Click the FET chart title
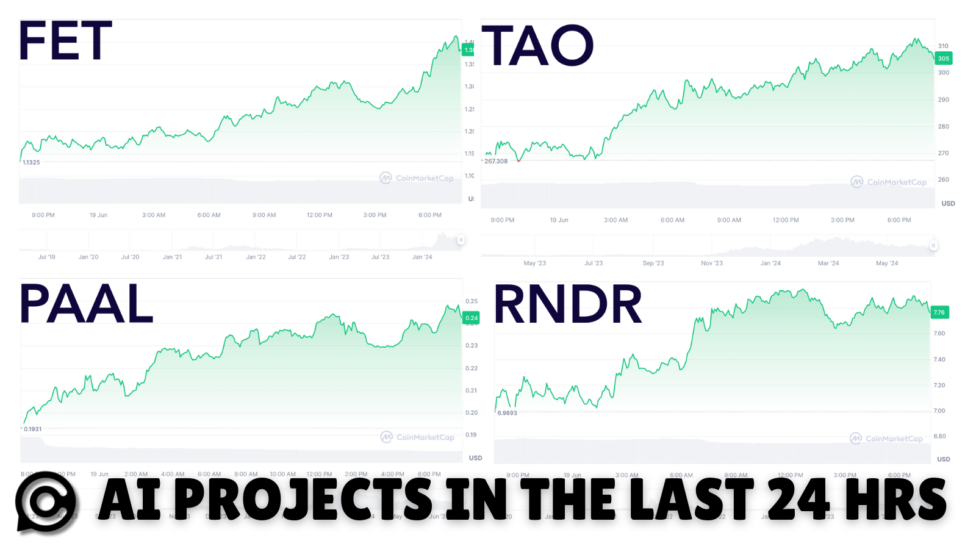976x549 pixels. pos(66,41)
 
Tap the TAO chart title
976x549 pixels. pos(537,46)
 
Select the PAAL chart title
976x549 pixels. pos(86,304)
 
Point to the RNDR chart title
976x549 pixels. pos(567,304)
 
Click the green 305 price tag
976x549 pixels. pos(943,59)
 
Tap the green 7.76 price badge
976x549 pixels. pos(939,312)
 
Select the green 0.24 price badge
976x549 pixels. pos(472,318)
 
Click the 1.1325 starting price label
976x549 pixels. pos(31,162)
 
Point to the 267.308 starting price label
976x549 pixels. pos(496,161)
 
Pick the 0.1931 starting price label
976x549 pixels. pos(33,429)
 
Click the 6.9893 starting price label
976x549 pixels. pos(507,413)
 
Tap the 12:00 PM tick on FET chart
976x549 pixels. pos(320,215)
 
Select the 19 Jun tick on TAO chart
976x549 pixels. pos(559,220)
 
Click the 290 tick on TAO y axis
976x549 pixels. pos(944,99)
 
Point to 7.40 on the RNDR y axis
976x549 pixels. pos(939,359)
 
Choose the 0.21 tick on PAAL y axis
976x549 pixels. pos(472,390)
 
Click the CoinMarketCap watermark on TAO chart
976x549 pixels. pos(889,182)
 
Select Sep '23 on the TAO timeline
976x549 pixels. pos(653,264)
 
